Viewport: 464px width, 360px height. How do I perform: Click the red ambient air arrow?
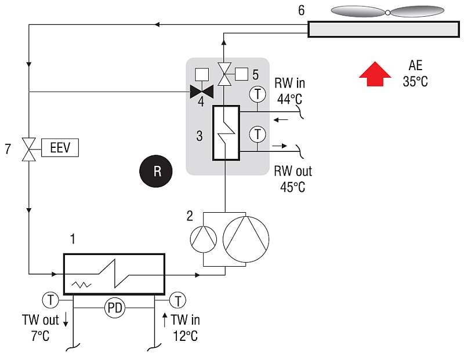[375, 74]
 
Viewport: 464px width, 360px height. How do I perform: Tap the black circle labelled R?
[156, 171]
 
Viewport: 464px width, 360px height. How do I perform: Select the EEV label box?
[60, 148]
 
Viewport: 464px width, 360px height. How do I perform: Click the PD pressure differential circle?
[115, 308]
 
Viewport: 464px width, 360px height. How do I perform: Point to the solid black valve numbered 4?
[201, 92]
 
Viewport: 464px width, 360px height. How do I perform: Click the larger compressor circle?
[246, 239]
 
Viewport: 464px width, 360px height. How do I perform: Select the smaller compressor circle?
[204, 239]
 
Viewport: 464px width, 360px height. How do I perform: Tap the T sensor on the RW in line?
[258, 94]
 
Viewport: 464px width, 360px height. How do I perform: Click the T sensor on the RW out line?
[258, 134]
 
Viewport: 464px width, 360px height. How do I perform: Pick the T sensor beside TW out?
[51, 300]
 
